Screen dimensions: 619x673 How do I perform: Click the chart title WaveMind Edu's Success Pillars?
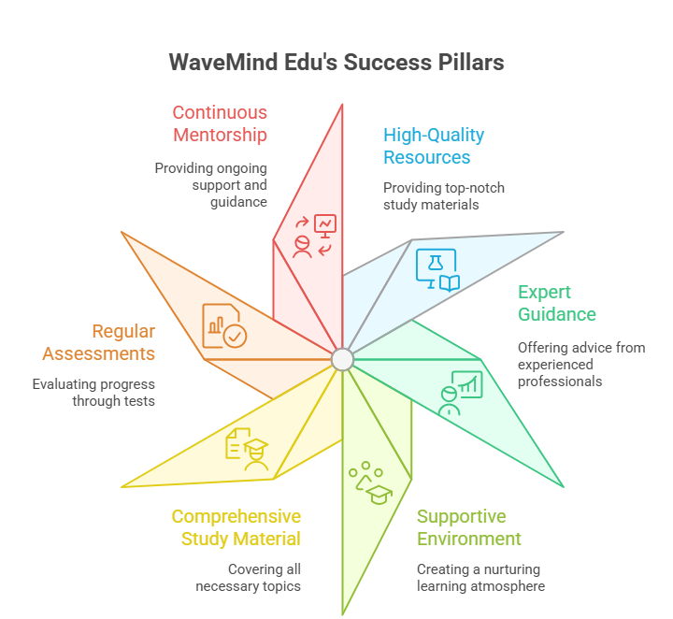(336, 62)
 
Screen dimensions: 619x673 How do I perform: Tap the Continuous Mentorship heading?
(220, 123)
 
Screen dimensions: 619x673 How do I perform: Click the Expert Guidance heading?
(557, 302)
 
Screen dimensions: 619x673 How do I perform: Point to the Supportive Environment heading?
(469, 527)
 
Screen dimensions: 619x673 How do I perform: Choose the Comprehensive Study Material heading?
(236, 527)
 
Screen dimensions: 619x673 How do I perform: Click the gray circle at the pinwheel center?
(342, 359)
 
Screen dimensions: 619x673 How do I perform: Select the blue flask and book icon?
(437, 270)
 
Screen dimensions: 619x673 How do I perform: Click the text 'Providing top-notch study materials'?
(444, 196)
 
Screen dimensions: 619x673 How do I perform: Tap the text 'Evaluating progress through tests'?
(93, 393)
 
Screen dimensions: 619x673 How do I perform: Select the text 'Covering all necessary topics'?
(248, 577)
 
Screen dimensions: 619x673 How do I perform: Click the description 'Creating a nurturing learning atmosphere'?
(480, 578)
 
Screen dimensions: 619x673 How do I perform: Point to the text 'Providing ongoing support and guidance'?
(210, 185)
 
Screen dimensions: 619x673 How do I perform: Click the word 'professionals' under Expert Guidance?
(560, 381)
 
